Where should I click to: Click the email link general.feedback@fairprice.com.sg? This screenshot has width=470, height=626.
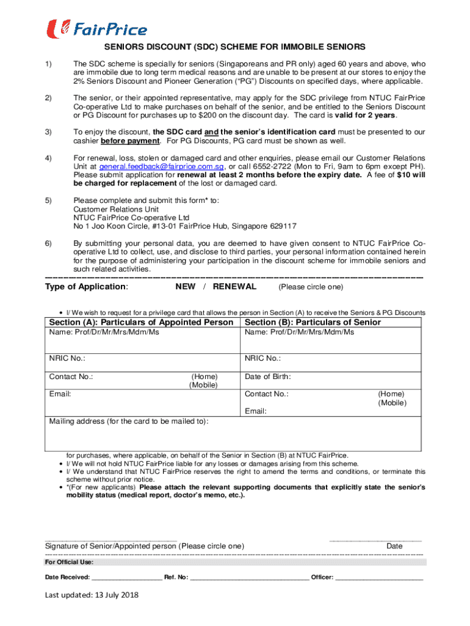tap(161, 166)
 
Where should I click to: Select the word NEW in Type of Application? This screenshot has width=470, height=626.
tap(186, 287)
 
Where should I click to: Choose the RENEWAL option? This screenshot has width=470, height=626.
tap(234, 287)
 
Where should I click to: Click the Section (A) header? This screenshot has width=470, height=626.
tap(141, 322)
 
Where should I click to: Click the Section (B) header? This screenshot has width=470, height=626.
tap(313, 322)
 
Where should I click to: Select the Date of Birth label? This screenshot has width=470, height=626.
tap(268, 377)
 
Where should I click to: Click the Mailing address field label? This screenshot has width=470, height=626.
tap(128, 421)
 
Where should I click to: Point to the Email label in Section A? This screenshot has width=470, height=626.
tap(60, 394)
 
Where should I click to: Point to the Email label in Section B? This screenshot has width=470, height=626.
tap(256, 411)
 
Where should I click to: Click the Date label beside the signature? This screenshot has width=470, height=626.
tap(394, 546)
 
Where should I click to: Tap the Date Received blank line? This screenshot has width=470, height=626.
tap(127, 578)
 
